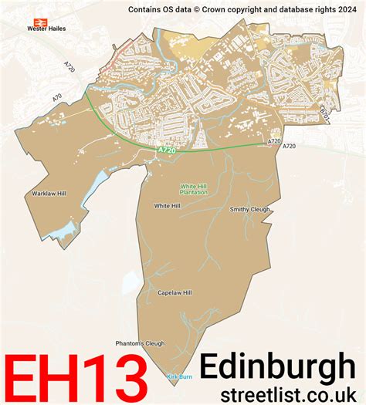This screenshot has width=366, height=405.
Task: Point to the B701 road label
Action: (324, 113)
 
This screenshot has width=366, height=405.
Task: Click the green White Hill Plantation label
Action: (194, 189)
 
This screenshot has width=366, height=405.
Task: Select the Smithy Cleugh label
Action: (250, 209)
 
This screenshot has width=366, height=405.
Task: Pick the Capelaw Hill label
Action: (175, 293)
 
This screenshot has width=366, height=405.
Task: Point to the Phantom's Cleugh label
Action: (140, 343)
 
